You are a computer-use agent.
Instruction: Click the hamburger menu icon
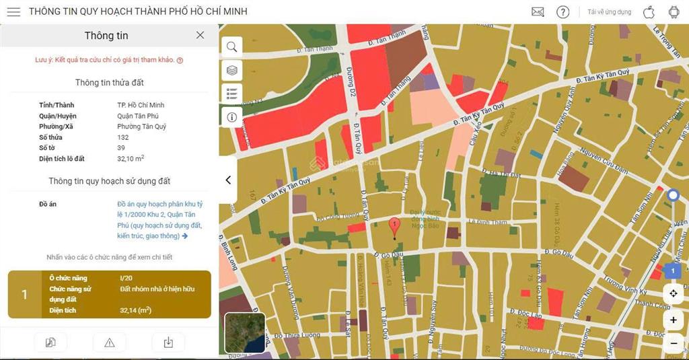13,12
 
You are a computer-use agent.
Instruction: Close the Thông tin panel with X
200,35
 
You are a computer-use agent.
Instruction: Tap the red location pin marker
394,227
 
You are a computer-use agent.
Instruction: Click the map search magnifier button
231,46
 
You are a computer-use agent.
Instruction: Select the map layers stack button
231,70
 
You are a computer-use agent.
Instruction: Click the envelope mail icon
538,12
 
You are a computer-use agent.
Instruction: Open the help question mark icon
563,12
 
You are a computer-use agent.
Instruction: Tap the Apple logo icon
649,12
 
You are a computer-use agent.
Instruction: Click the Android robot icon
674,12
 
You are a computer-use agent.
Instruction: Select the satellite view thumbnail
244,333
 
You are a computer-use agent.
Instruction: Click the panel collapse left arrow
228,180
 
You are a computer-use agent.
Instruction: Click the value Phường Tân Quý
141,127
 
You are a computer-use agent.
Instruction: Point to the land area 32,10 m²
131,159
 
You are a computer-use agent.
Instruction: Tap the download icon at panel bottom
168,343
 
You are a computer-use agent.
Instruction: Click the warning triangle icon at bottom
110,343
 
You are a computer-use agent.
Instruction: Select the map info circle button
231,117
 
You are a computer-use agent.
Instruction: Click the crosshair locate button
673,293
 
